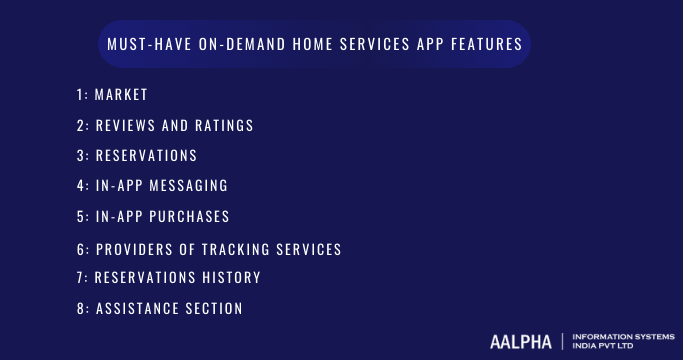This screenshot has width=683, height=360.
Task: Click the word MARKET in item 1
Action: pos(121,95)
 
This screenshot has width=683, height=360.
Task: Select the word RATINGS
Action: pos(223,126)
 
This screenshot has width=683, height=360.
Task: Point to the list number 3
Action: pos(80,156)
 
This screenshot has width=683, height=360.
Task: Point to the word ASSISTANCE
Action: pos(138,309)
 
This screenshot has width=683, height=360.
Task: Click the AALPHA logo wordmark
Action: pos(520,341)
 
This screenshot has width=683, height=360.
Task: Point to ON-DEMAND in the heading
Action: pos(233,44)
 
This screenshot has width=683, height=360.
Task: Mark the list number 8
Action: pos(80,309)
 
